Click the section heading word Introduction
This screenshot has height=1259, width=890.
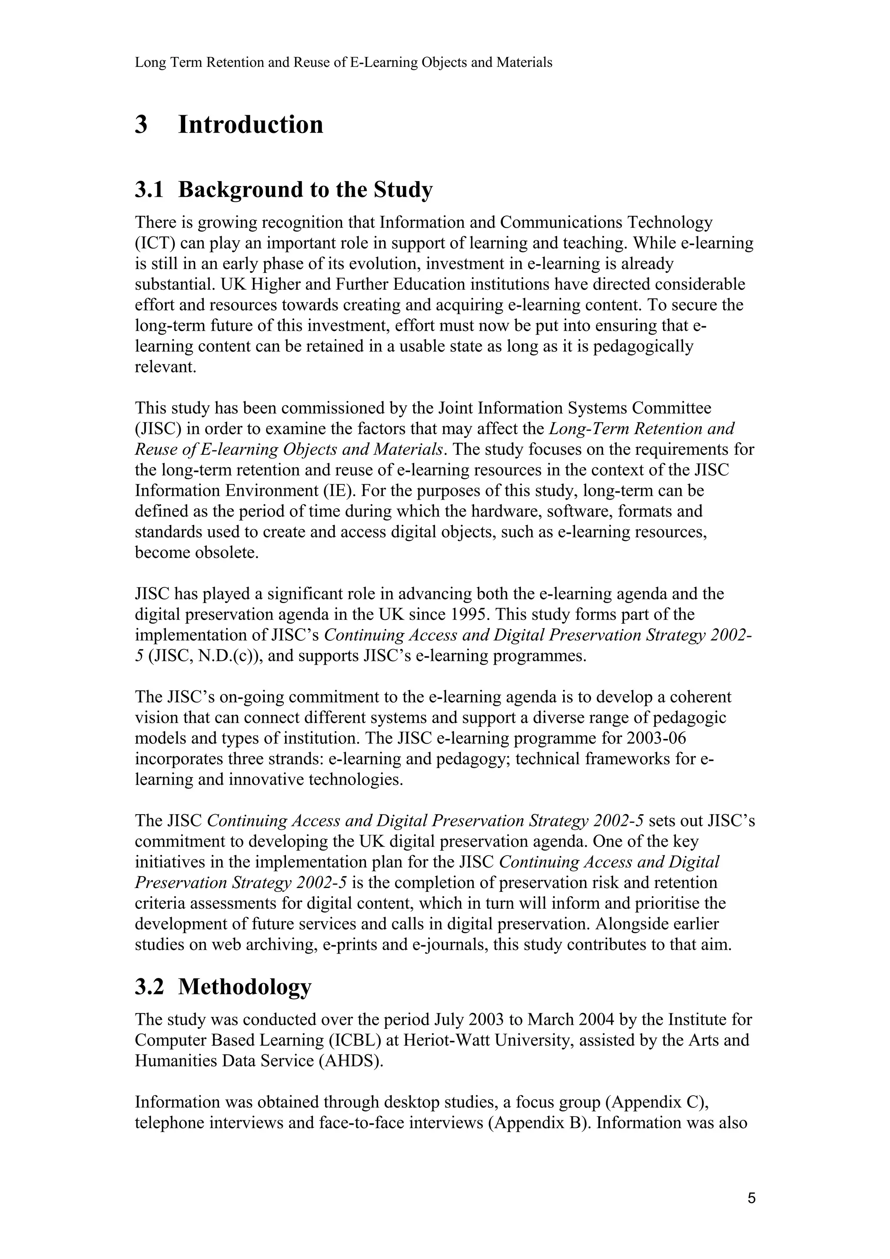(251, 125)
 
